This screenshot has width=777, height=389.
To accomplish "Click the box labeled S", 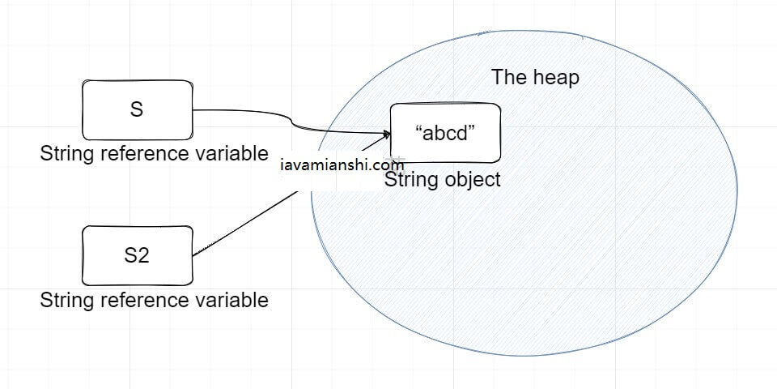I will [x=137, y=109].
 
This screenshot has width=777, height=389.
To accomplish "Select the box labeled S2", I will [x=137, y=255].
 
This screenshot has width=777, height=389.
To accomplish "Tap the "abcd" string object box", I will [x=445, y=133].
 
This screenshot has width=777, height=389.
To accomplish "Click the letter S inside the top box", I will [x=137, y=109].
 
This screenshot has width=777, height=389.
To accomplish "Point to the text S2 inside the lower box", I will [x=137, y=255].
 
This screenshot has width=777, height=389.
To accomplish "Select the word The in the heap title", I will [x=508, y=78].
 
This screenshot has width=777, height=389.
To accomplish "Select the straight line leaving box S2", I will [x=243, y=227].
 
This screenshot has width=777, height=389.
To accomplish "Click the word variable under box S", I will [x=235, y=154].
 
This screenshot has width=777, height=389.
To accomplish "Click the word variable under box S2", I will [x=235, y=301].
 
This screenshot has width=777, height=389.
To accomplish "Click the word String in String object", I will [x=410, y=180].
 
